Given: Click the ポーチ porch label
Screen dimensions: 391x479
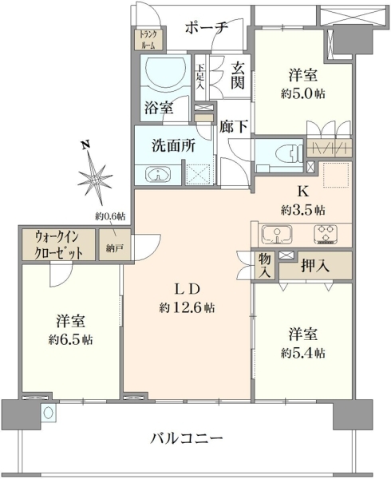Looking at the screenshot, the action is tap(207, 28).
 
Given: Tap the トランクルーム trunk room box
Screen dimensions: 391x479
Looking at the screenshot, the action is tap(148, 39).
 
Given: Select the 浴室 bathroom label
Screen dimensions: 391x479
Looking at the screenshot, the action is tap(159, 108).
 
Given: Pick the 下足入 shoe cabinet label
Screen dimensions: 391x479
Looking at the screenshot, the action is tap(200, 77).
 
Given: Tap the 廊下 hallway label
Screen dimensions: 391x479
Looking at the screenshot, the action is tap(234, 126).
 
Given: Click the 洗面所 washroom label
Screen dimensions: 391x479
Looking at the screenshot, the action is tap(174, 146).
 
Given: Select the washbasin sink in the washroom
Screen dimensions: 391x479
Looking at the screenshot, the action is tap(158, 175).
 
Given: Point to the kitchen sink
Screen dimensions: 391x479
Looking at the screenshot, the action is tap(277, 235).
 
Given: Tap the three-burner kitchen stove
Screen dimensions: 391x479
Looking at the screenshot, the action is tap(326, 234).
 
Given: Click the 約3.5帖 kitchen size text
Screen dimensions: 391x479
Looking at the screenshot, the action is tap(302, 210).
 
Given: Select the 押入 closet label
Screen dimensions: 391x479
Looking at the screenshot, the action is tap(315, 266).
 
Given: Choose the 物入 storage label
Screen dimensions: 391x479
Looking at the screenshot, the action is tap(265, 266).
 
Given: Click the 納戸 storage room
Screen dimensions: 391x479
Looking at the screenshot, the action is tap(114, 245).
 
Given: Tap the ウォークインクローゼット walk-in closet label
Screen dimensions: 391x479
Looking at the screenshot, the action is tap(58, 245).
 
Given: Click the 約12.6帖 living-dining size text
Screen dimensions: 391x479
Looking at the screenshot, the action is tap(187, 307).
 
